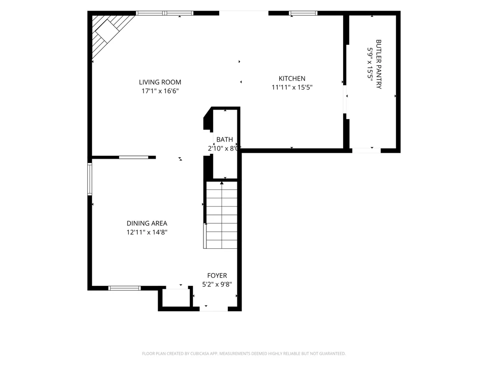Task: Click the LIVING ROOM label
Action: pyautogui.click(x=160, y=82)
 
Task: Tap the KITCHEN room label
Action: pyautogui.click(x=292, y=79)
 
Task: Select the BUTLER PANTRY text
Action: pyautogui.click(x=379, y=64)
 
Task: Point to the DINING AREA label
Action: pyautogui.click(x=147, y=223)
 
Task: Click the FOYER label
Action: pyautogui.click(x=217, y=275)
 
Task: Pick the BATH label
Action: pyautogui.click(x=225, y=140)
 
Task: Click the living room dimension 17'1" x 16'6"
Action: pyautogui.click(x=160, y=91)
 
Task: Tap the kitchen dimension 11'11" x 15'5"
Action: pyautogui.click(x=292, y=88)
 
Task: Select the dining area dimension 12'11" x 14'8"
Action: pyautogui.click(x=147, y=232)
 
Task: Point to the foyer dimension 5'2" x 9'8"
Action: pyautogui.click(x=217, y=285)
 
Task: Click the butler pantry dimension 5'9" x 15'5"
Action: pyautogui.click(x=370, y=64)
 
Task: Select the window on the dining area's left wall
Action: pyautogui.click(x=90, y=179)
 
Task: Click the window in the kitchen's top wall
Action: pyautogui.click(x=303, y=13)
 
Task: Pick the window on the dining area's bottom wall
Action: pyautogui.click(x=124, y=288)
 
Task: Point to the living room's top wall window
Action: pyautogui.click(x=164, y=13)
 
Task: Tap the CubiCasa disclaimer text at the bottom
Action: pyautogui.click(x=244, y=354)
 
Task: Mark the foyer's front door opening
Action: pyautogui.click(x=214, y=309)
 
